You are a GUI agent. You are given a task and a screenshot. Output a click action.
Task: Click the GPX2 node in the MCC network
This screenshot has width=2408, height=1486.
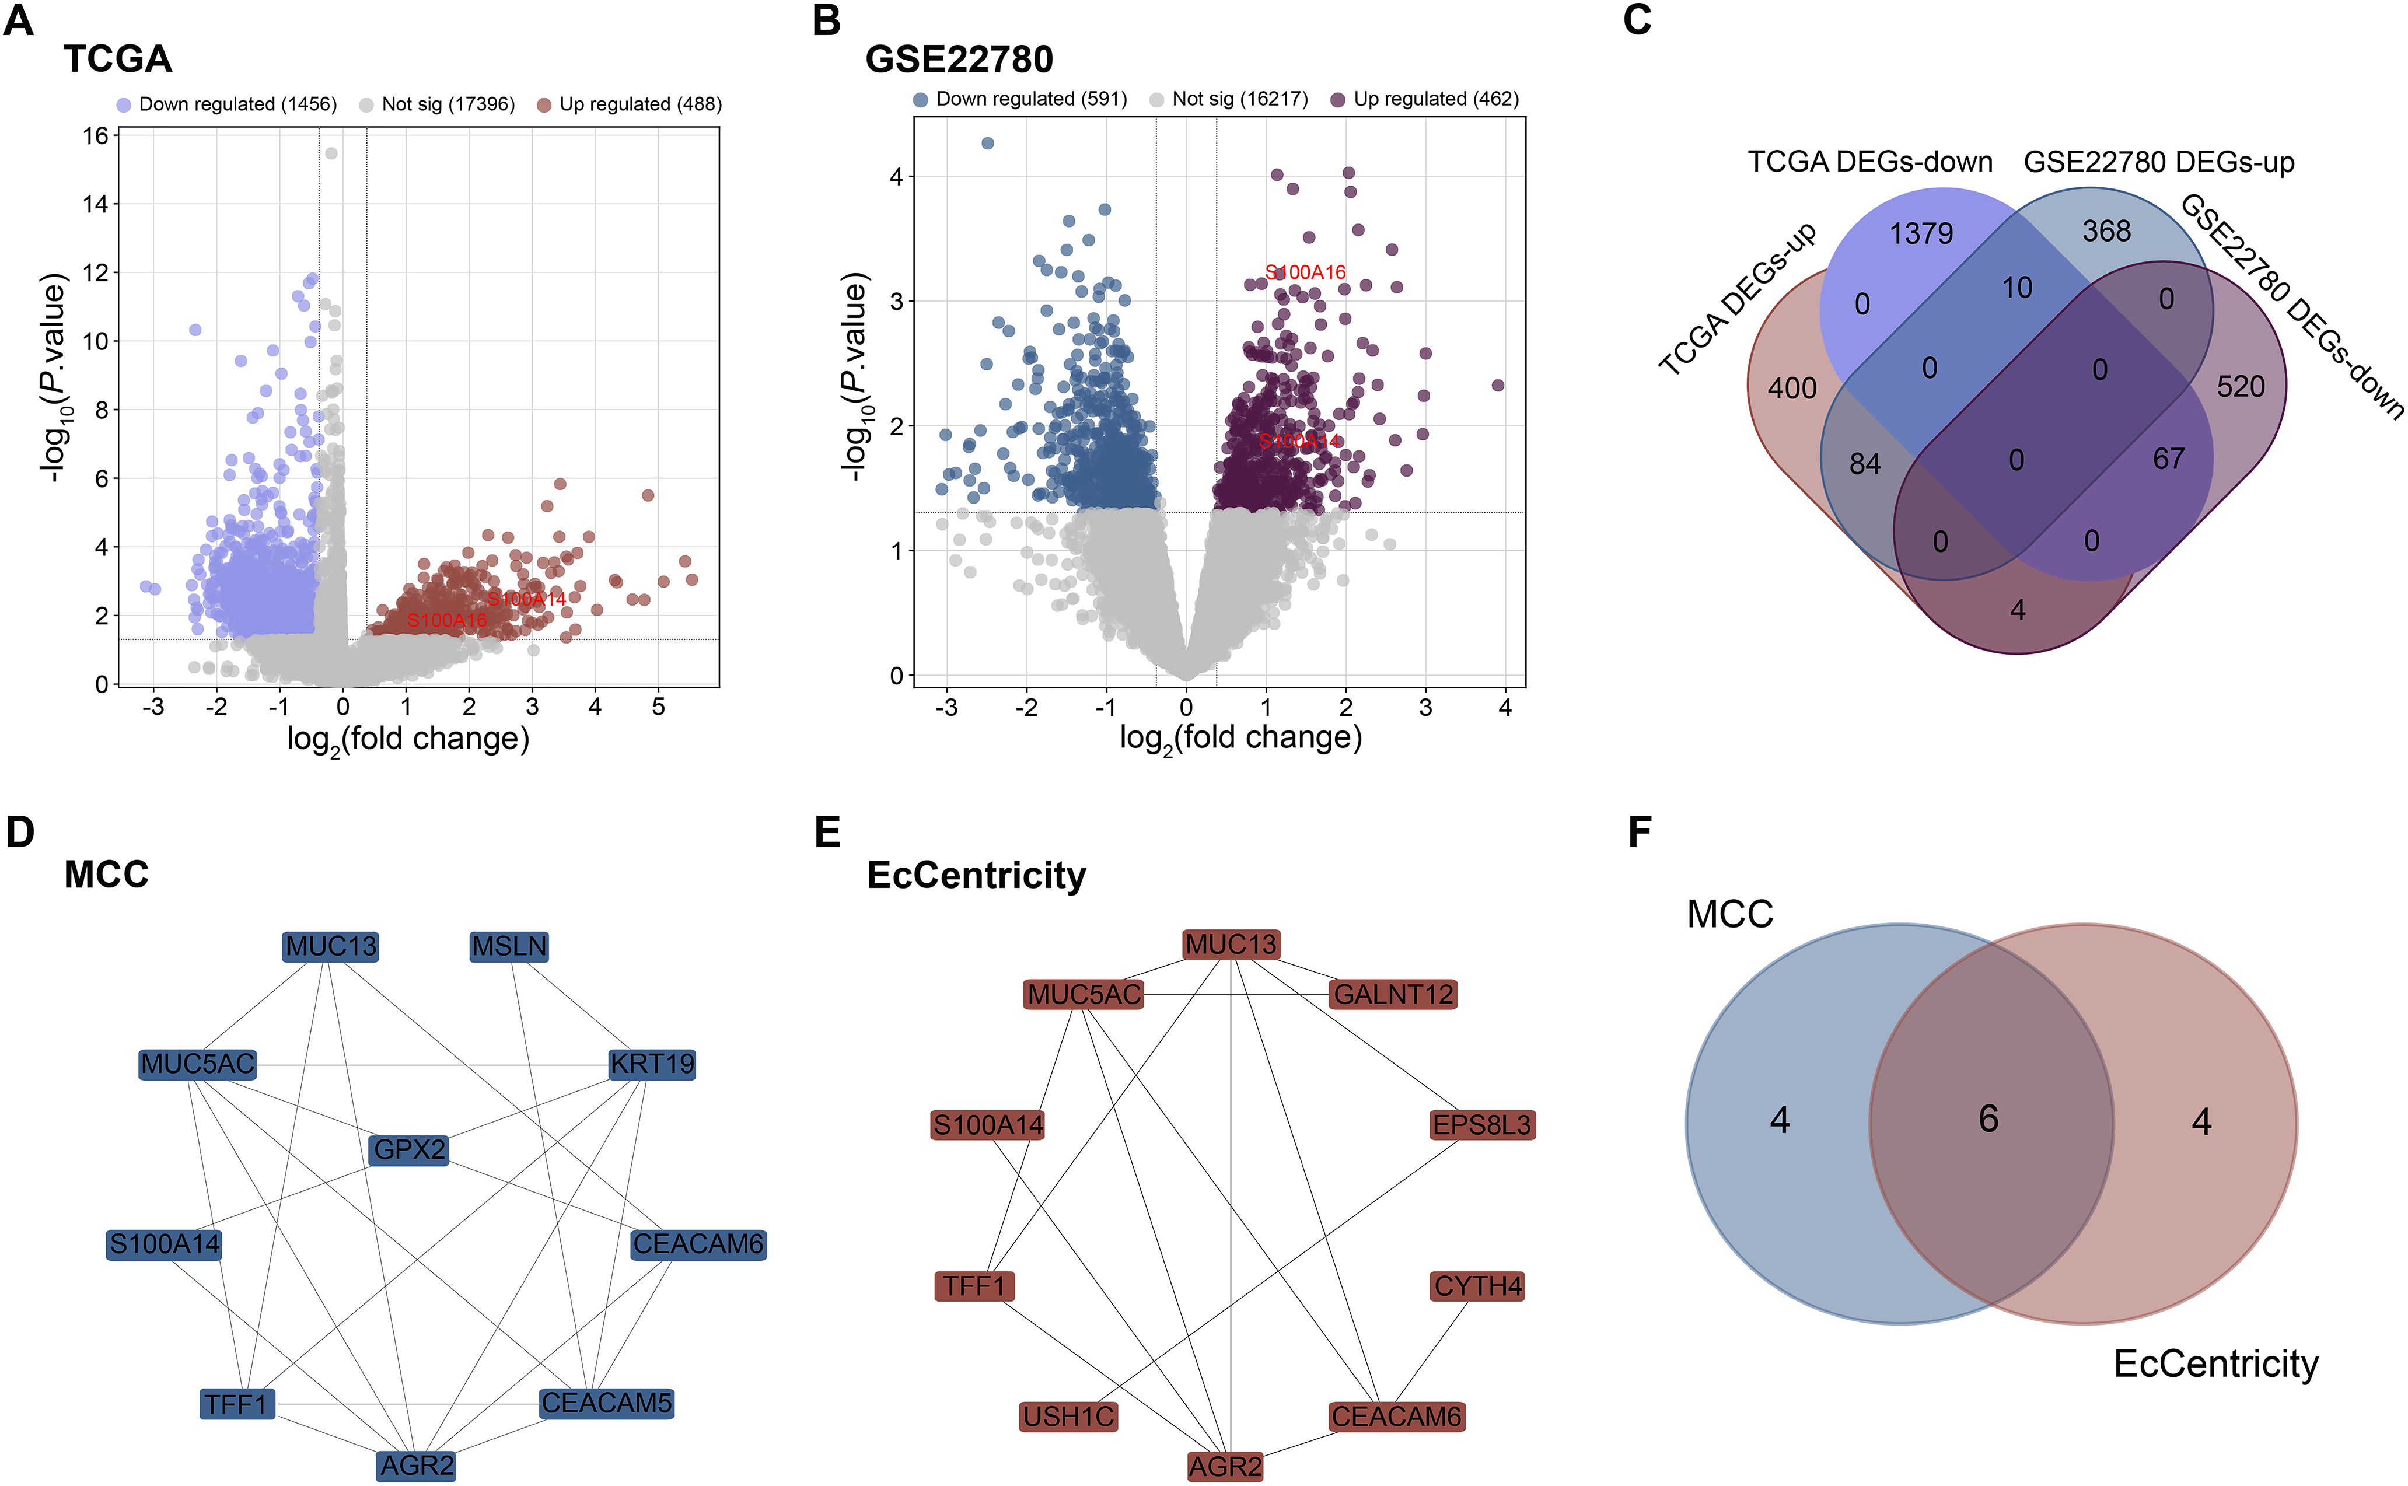coord(410,1149)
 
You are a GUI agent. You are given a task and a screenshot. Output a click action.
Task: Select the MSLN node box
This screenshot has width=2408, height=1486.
coord(509,946)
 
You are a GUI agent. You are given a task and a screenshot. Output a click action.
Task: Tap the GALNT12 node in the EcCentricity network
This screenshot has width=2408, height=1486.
coord(1393,995)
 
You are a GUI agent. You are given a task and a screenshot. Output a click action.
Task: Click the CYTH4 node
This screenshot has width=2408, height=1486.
coord(1478,1285)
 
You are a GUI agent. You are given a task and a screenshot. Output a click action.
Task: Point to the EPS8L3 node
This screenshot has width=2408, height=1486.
coord(1482,1124)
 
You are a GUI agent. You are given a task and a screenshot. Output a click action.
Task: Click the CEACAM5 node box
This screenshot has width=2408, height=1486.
coord(606,1403)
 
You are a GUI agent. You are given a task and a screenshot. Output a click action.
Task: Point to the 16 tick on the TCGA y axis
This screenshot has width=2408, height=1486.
coord(95,135)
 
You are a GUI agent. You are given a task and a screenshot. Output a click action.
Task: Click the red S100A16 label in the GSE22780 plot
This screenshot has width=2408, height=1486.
coord(1305,272)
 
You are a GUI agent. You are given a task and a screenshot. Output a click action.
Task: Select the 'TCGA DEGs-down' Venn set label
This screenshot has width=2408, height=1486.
coord(1869,162)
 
